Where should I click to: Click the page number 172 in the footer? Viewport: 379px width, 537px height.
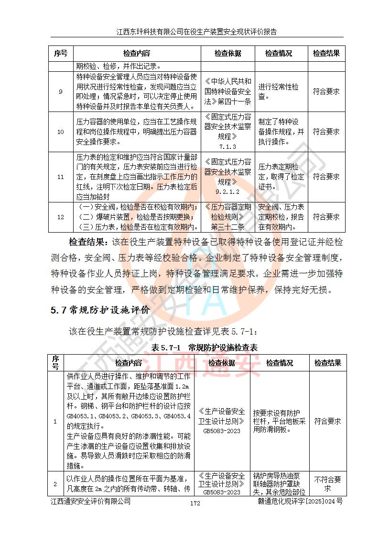click(195, 503)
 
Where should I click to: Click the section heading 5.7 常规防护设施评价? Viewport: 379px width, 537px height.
click(100, 310)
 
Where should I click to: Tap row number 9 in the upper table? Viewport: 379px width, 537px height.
click(60, 91)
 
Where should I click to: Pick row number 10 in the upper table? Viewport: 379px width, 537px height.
click(60, 131)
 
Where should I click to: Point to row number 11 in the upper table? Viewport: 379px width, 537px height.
click(60, 177)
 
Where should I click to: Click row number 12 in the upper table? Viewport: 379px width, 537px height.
click(60, 217)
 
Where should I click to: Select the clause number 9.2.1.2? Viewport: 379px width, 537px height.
click(227, 191)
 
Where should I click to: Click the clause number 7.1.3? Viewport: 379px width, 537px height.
click(227, 146)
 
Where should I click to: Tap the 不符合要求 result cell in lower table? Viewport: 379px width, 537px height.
click(327, 484)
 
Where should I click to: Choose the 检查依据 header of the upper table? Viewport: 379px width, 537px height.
click(227, 54)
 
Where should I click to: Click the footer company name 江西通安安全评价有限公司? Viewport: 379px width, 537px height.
click(91, 501)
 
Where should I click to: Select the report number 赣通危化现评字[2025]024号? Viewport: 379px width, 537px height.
click(300, 501)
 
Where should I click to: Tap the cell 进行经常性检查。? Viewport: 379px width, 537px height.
click(279, 91)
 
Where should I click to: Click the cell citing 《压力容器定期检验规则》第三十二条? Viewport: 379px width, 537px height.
click(227, 217)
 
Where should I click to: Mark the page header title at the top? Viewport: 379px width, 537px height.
click(196, 32)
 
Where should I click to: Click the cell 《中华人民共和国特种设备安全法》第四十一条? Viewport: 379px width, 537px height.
click(227, 91)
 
